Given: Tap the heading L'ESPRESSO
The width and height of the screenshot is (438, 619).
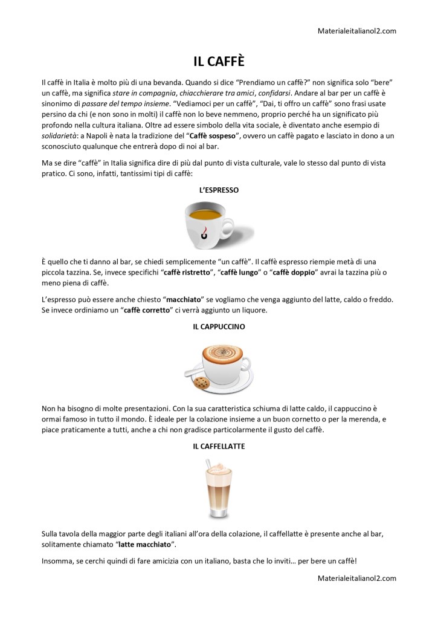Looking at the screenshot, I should point(219,190).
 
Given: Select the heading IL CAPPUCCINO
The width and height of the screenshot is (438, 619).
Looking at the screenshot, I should point(219,326).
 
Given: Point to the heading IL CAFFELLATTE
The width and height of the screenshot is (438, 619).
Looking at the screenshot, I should point(219,446).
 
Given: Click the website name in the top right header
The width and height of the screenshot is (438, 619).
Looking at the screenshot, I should point(356,31).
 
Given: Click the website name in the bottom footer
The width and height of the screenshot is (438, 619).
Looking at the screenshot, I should point(356,578).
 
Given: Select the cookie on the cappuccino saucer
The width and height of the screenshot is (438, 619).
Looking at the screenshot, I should point(202,383).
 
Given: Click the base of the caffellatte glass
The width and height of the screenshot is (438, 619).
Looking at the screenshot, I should point(217,514).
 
